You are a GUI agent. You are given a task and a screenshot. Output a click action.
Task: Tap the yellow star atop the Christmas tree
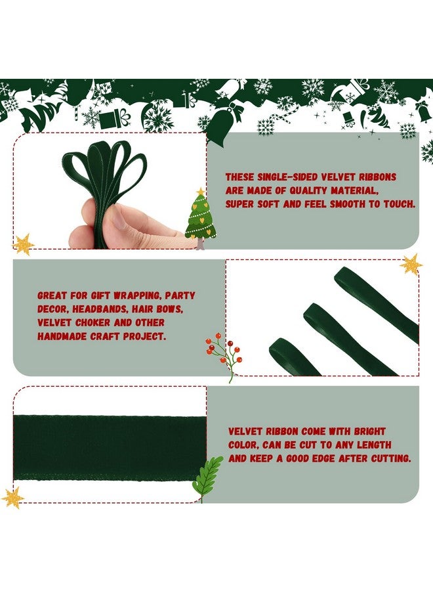(x=200, y=192)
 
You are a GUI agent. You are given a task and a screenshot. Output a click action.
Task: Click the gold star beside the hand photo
(x=24, y=244)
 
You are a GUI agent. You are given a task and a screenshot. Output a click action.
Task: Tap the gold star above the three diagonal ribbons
(x=411, y=264)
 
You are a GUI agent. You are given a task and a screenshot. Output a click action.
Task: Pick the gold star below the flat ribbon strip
(x=12, y=497)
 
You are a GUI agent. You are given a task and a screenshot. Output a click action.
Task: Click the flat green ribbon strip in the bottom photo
(x=108, y=447)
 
